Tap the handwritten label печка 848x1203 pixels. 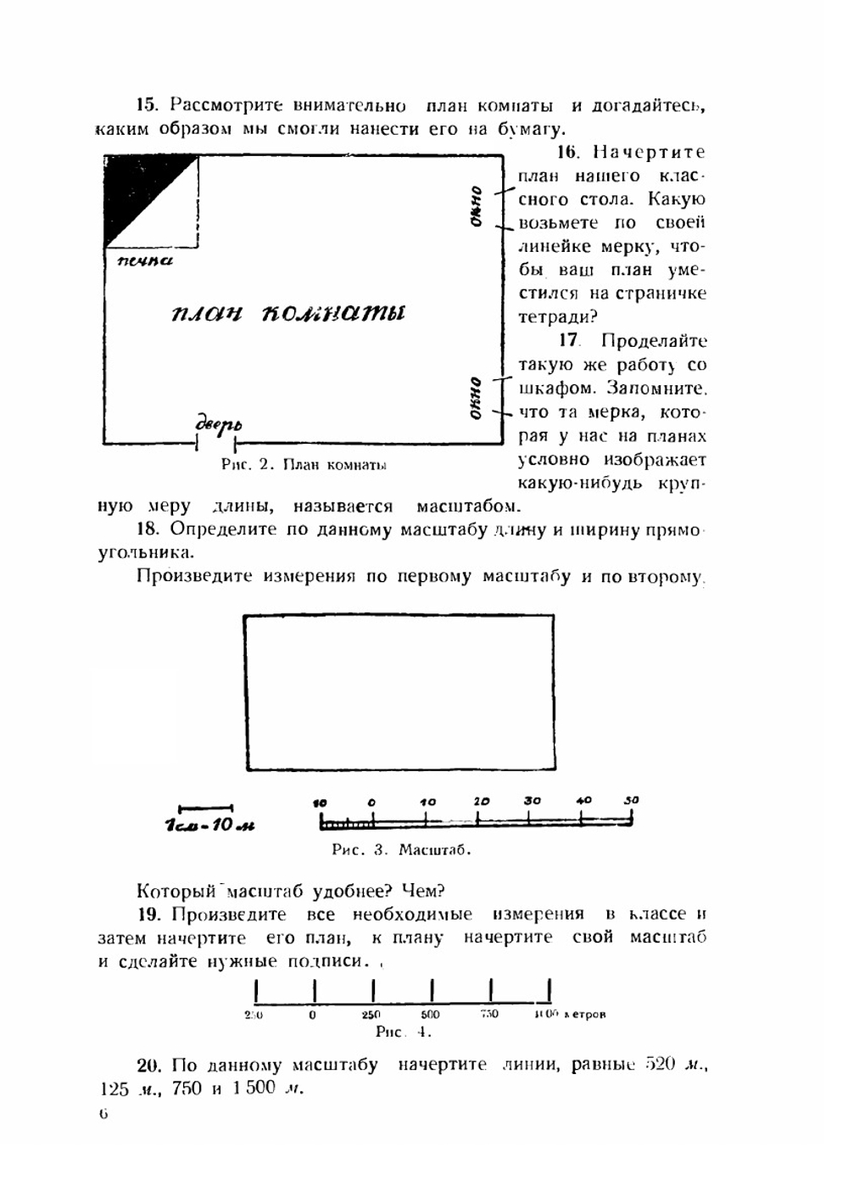pos(144,260)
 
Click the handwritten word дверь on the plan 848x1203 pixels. pos(218,424)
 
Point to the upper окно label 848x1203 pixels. pos(477,206)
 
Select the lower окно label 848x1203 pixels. pos(477,398)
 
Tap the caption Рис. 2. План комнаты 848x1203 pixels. pos(304,465)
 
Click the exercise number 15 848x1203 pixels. pos(148,105)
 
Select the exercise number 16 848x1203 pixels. pos(567,153)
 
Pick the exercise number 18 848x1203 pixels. pos(148,529)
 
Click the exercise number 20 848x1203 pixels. pos(148,1065)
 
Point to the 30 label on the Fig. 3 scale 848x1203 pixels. pos(532,801)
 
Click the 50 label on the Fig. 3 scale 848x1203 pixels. pos(631,800)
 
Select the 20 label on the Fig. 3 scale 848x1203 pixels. pos(481,801)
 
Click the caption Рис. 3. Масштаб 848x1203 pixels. pos(401,849)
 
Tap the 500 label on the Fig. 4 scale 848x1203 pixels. pos(430,1014)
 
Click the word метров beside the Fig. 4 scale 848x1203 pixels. pos(585,1014)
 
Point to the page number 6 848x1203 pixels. pos(103,1114)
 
